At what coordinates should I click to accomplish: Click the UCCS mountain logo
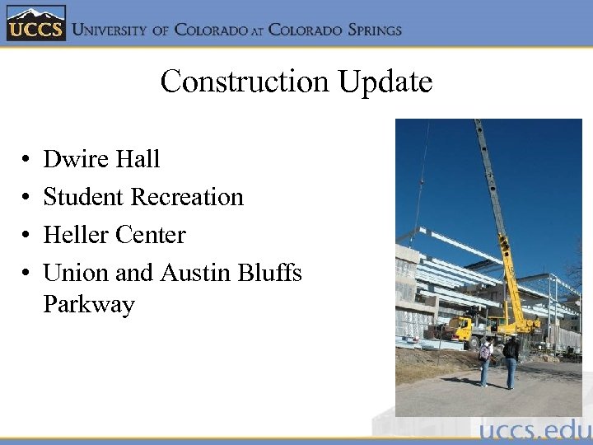(x=35, y=24)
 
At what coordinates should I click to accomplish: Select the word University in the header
(x=110, y=30)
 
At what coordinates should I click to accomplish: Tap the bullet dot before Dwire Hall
(x=27, y=160)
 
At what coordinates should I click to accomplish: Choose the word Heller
(x=77, y=235)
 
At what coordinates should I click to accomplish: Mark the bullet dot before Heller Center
(x=27, y=236)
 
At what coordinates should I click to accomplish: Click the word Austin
(x=195, y=272)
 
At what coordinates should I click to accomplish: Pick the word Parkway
(x=89, y=304)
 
